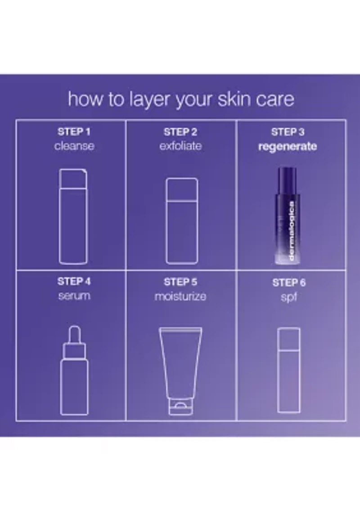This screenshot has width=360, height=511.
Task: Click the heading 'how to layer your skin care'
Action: tap(181, 99)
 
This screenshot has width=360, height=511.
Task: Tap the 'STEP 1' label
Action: tap(74, 132)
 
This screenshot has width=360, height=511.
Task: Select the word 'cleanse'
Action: tap(74, 146)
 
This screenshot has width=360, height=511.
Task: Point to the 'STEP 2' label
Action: tap(180, 132)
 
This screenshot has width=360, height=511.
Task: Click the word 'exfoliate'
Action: tap(180, 146)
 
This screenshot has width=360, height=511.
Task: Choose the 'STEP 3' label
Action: tap(288, 132)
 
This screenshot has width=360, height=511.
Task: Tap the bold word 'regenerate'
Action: tap(288, 146)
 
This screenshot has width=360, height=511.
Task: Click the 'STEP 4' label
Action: tap(74, 281)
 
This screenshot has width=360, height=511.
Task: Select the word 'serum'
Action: tap(74, 296)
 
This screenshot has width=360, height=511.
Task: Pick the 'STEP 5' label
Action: tap(180, 282)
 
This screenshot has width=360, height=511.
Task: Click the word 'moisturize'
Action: tap(180, 296)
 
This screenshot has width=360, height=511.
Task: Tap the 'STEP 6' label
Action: tap(289, 283)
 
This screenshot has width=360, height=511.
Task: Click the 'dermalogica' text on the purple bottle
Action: tap(292, 231)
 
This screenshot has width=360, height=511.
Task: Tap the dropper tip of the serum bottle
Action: tap(75, 332)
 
